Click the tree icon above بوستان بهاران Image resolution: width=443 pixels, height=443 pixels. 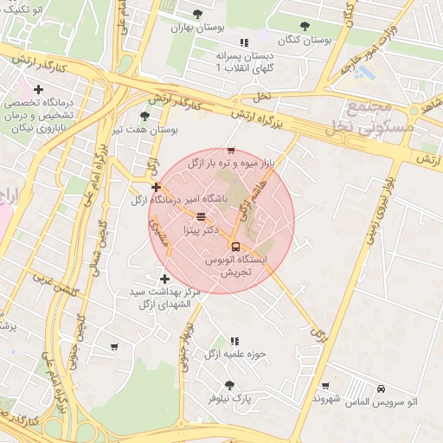click(x=197, y=14)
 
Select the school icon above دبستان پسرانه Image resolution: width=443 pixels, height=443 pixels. click(x=244, y=42)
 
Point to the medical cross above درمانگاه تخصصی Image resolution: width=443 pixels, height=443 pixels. click(x=38, y=89)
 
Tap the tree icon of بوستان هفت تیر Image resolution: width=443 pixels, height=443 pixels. click(x=144, y=116)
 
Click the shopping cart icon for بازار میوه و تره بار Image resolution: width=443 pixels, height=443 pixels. click(x=230, y=151)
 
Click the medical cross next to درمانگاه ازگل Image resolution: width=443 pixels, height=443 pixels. click(x=156, y=187)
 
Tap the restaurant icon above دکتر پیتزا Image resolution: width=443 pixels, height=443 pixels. click(x=201, y=216)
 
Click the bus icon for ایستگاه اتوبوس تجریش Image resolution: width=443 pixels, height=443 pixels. click(x=236, y=245)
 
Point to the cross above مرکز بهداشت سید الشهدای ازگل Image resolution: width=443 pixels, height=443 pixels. click(x=164, y=279)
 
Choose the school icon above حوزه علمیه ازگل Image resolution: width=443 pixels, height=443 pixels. click(x=234, y=341)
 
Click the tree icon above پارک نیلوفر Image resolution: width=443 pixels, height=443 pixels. click(x=228, y=385)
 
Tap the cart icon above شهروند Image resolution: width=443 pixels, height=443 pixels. click(x=324, y=386)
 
